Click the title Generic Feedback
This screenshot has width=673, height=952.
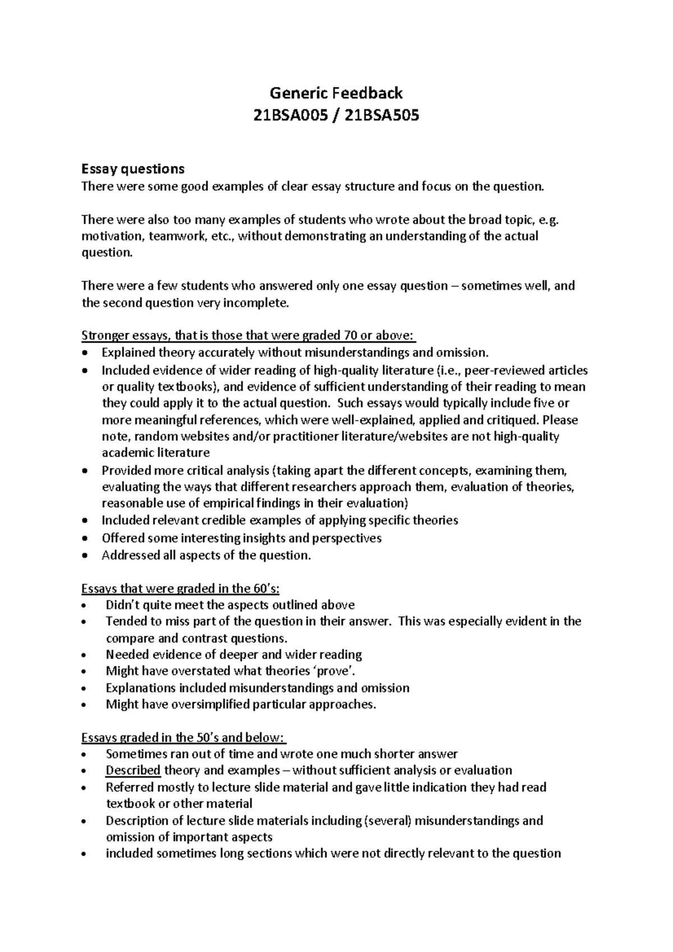point(336,92)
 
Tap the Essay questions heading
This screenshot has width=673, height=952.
point(133,169)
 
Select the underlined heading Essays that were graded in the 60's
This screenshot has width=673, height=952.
point(180,589)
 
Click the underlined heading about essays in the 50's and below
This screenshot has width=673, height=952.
point(183,737)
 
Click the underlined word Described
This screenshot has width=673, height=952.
point(133,770)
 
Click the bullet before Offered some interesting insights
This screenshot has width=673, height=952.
point(85,539)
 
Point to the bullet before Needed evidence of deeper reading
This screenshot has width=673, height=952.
point(85,655)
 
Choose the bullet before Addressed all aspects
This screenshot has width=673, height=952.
point(85,556)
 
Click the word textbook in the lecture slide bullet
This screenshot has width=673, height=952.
point(131,803)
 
